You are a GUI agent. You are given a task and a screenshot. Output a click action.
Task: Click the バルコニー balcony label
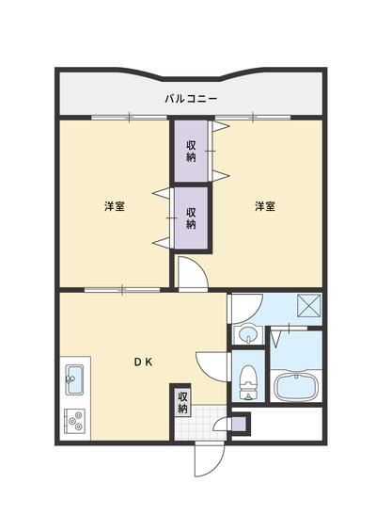point(191,99)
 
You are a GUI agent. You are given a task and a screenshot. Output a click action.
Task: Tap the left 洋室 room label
point(115,206)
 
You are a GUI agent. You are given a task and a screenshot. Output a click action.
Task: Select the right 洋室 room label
point(265,206)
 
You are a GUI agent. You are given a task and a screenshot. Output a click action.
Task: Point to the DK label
point(144,362)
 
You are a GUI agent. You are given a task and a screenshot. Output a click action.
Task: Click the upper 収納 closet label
point(191,151)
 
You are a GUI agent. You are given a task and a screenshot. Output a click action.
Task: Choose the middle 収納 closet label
point(191,218)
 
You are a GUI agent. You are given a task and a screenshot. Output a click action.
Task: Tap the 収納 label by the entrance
point(182,403)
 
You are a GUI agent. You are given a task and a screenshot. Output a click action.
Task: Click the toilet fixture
point(248,381)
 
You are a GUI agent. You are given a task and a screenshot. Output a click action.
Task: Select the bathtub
point(296,386)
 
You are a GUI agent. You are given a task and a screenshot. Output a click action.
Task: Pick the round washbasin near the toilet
point(248,335)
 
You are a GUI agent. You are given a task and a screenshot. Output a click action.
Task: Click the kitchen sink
point(74,379)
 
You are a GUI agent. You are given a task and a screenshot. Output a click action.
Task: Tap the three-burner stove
point(74,420)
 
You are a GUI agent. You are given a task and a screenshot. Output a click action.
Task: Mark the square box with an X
point(308,306)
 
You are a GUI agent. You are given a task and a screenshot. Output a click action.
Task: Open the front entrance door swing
point(210,459)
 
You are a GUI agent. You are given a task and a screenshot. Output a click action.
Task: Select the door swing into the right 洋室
point(194,274)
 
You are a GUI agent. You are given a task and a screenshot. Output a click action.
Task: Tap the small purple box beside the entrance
point(240,424)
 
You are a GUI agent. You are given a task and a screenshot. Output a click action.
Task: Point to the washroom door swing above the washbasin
point(246,309)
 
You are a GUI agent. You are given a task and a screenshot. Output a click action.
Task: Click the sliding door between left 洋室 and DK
point(122,290)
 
